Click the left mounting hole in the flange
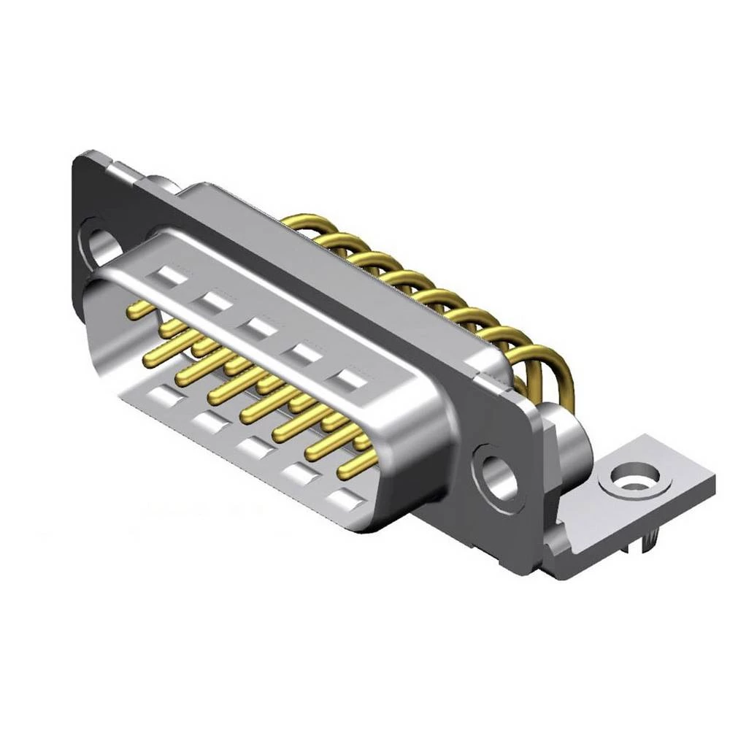(100, 244)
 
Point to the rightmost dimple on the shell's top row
(348, 380)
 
